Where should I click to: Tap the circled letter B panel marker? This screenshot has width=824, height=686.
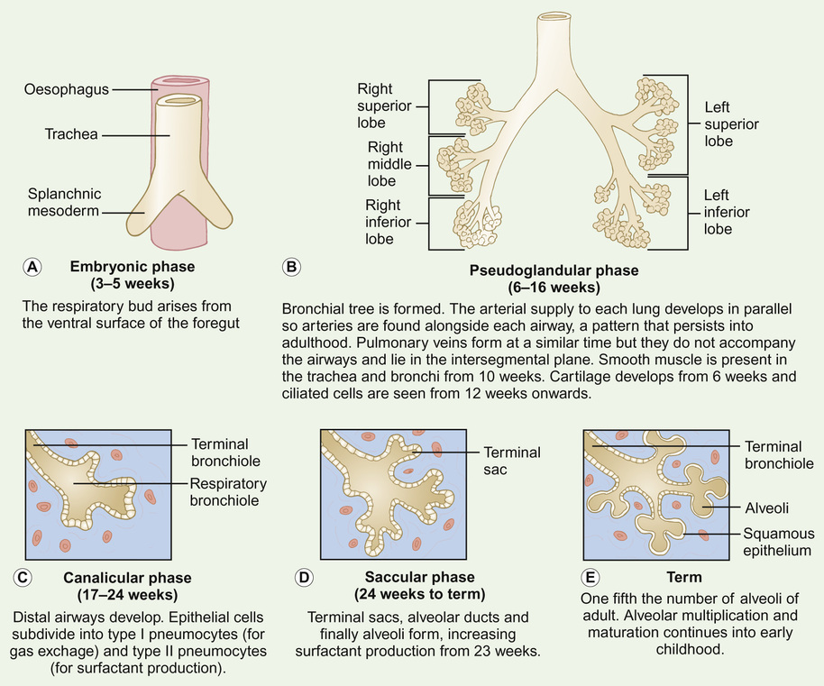[x=291, y=267]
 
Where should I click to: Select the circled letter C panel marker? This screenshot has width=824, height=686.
[x=25, y=577]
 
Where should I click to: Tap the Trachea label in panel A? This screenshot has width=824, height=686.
[x=71, y=135]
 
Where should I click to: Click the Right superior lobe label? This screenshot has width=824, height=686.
[x=384, y=105]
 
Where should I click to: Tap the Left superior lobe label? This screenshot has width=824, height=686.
[x=731, y=123]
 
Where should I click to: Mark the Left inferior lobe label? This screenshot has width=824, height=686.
[x=727, y=212]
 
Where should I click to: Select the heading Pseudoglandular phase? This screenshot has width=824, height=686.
[x=554, y=270]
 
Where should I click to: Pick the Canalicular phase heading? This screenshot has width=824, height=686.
[x=127, y=577]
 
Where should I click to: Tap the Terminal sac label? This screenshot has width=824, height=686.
[x=512, y=461]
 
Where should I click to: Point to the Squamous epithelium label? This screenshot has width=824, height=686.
[x=778, y=542]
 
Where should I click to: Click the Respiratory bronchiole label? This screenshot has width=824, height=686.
[x=229, y=491]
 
